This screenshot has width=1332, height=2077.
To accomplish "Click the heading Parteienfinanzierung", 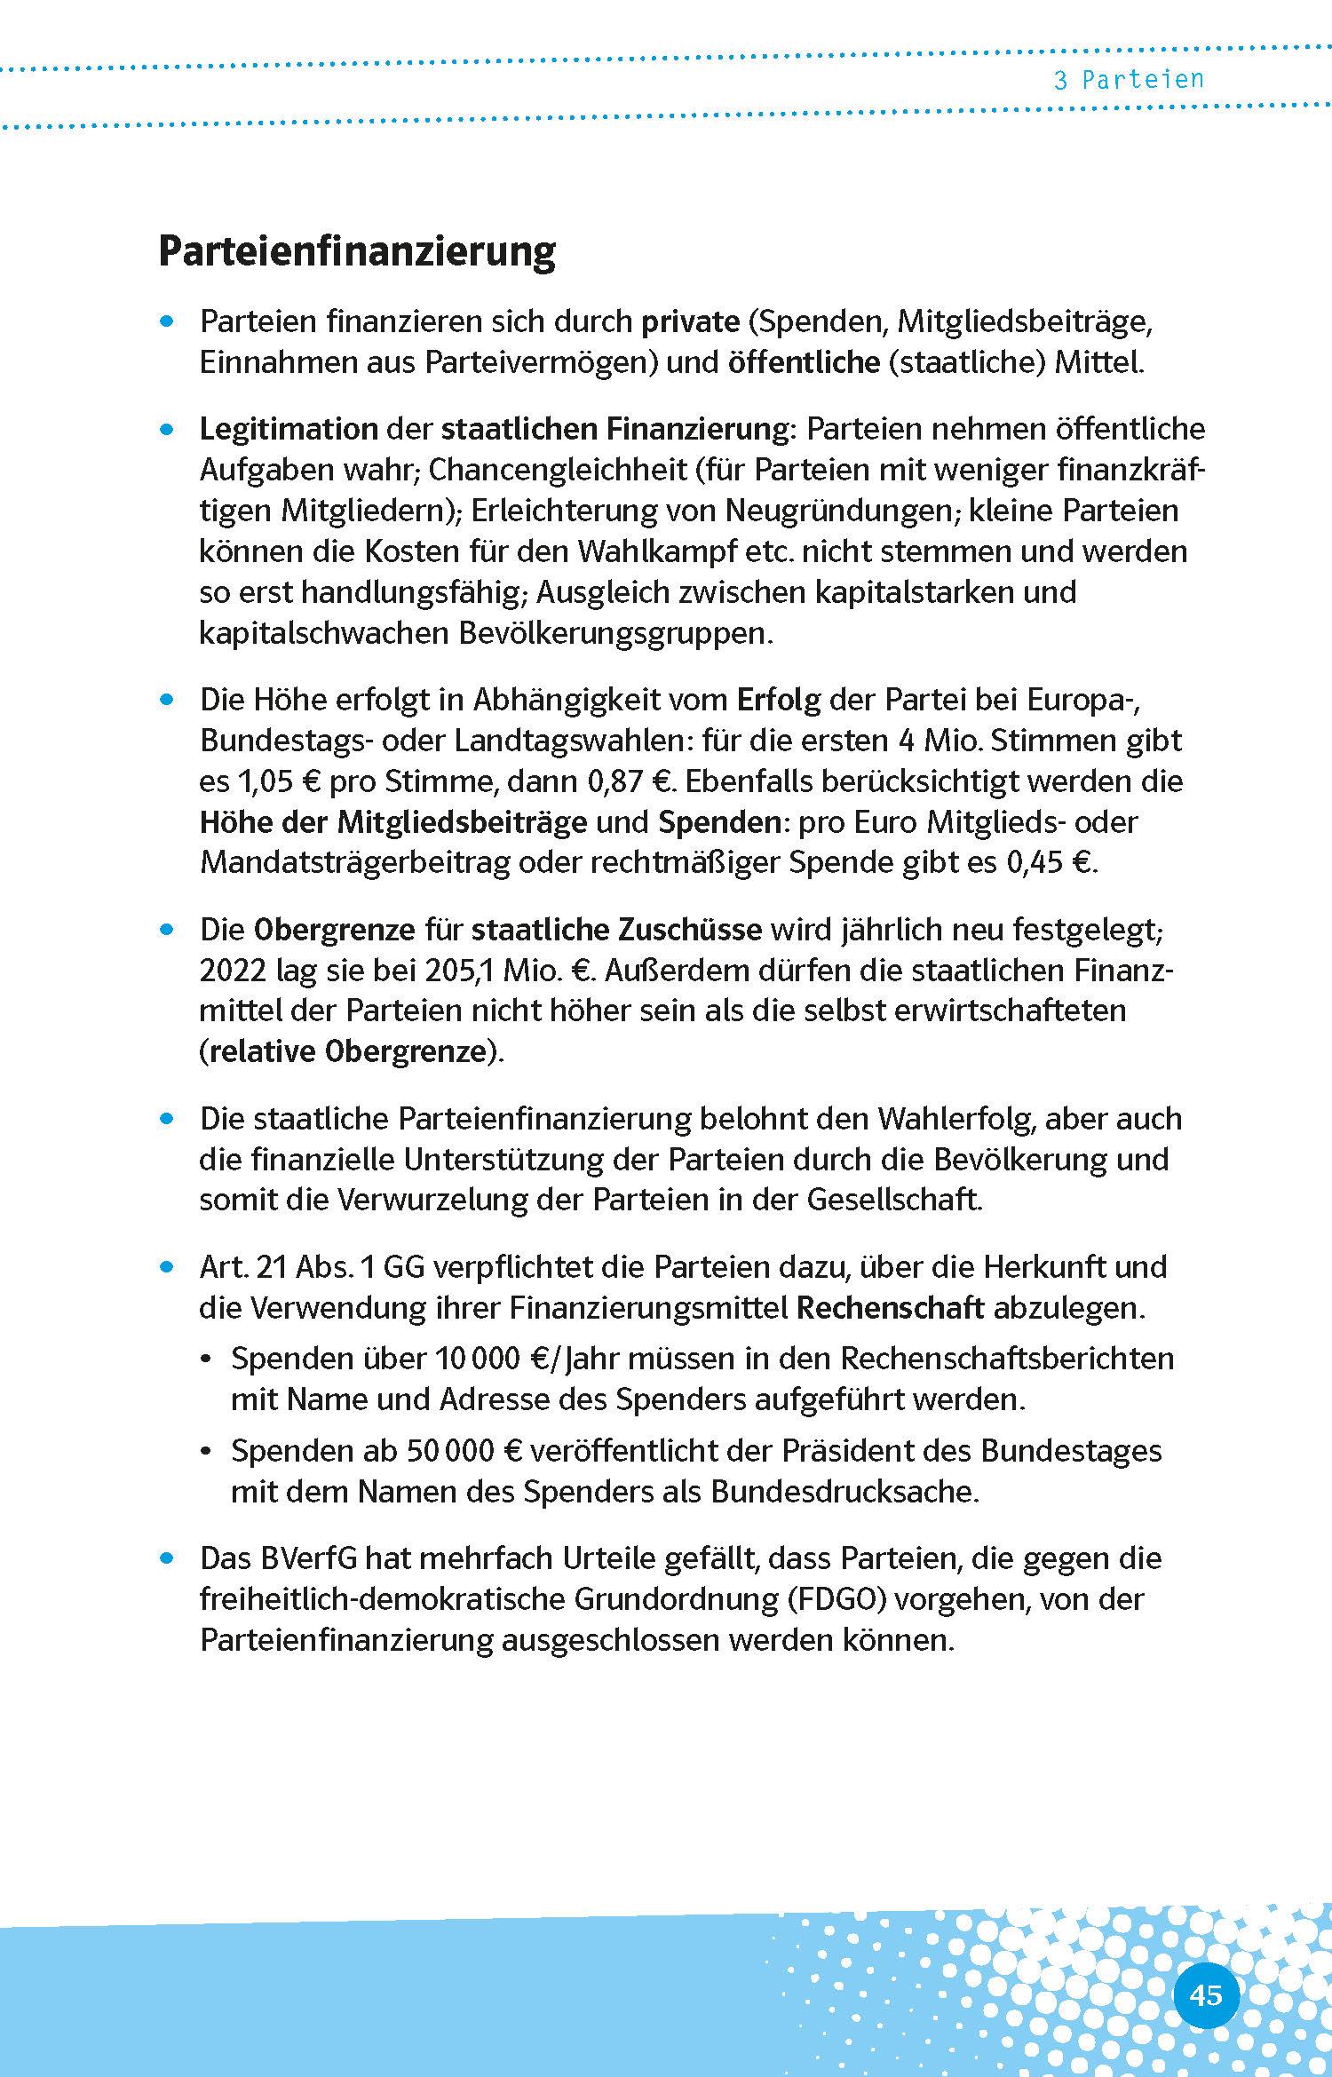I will tap(356, 253).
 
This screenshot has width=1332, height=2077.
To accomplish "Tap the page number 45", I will tap(1205, 1970).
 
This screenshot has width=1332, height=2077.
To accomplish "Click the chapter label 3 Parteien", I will tap(1129, 80).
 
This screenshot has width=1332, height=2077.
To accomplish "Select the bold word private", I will tap(690, 321).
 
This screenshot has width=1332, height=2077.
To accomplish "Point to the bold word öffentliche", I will tap(804, 362).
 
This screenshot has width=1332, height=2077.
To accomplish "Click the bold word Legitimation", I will tap(289, 429).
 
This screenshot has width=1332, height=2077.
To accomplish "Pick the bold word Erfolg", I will tap(779, 700).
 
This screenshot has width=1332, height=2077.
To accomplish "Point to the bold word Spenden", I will tap(718, 822).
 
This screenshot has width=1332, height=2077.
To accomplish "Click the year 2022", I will tap(233, 971).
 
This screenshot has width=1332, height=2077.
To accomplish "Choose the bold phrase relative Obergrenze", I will tap(349, 1051).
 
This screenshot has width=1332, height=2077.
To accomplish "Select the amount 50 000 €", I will tap(464, 1451).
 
